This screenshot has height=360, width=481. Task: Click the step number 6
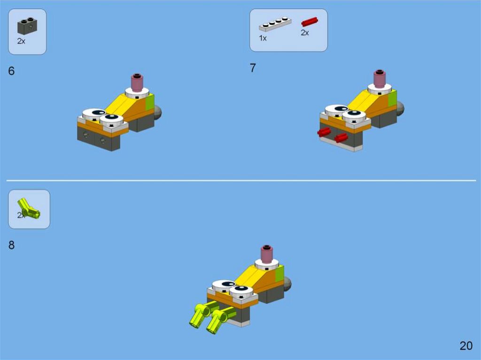(11, 71)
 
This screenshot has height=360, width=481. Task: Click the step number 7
(253, 68)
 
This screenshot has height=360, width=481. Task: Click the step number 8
(11, 245)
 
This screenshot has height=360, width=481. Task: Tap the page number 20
(466, 346)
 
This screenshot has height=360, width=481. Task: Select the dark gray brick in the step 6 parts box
(27, 26)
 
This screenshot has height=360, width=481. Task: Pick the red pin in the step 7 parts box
(310, 22)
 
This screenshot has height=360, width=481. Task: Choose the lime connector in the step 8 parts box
(29, 209)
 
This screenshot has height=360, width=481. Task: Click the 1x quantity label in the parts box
(263, 38)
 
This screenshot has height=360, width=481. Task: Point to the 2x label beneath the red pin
(304, 33)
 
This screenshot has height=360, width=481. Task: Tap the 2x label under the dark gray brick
(21, 41)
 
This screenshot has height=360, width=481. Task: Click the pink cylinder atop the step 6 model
(137, 82)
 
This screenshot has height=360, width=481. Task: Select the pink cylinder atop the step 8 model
(267, 254)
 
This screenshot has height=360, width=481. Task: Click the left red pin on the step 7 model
(324, 132)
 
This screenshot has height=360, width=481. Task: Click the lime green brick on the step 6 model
(149, 102)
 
